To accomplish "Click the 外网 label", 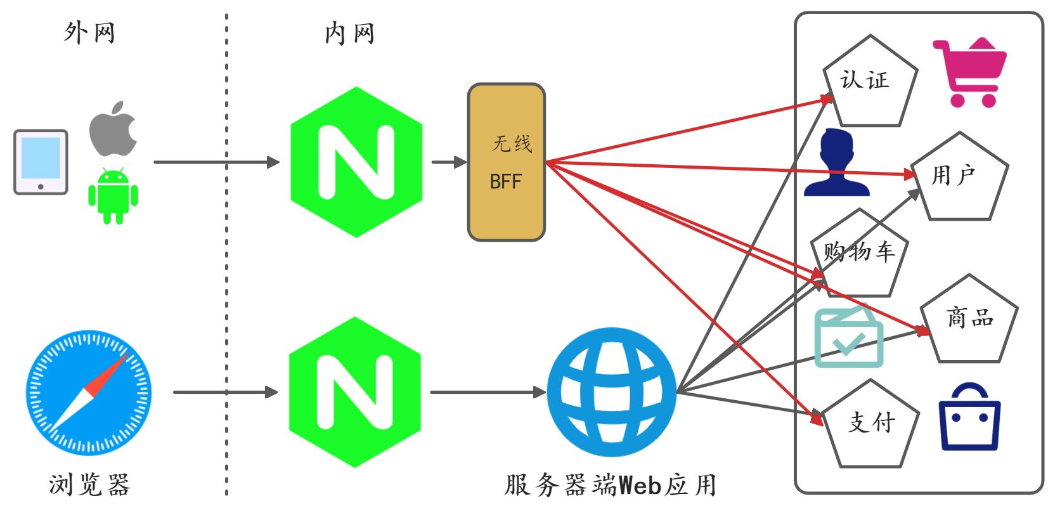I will click(x=89, y=32).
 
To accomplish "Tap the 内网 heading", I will click(x=349, y=33).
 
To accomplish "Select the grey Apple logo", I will click(x=113, y=129).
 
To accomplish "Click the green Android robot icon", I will click(x=113, y=195).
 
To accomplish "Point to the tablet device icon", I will click(x=41, y=162).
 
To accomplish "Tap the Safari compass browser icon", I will click(x=89, y=392).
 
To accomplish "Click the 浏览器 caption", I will click(x=89, y=485).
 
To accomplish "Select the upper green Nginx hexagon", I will click(x=356, y=162).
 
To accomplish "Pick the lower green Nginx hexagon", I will click(x=355, y=393).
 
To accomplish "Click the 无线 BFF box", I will click(x=506, y=162).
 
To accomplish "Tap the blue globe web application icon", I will click(x=612, y=392).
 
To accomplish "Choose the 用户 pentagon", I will click(x=959, y=179).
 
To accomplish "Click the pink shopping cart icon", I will click(x=969, y=72).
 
